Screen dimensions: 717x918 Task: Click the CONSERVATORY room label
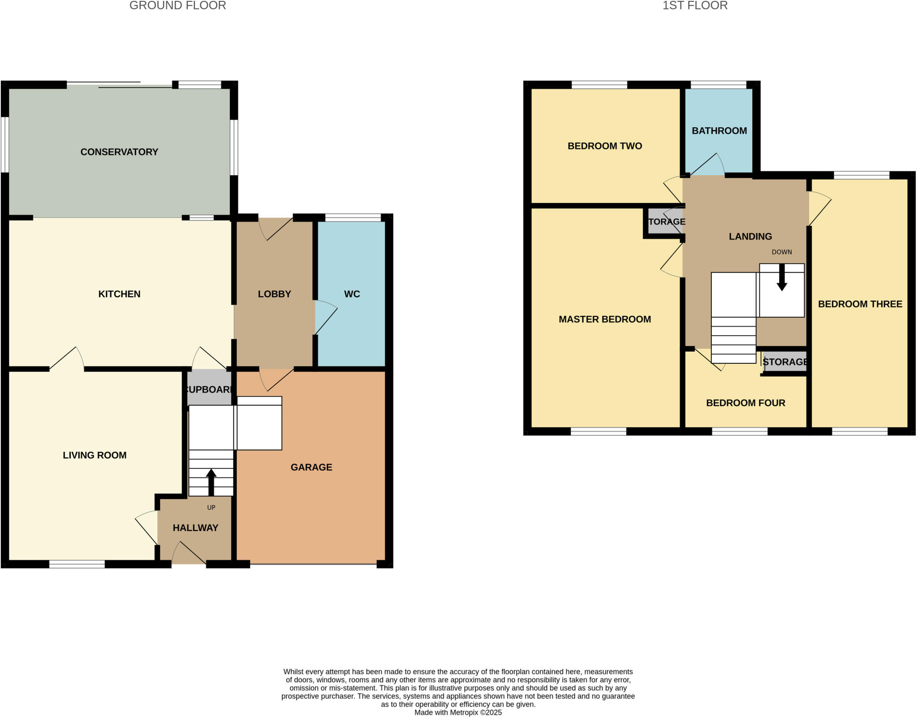click(x=119, y=152)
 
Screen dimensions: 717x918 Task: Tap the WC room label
click(x=352, y=294)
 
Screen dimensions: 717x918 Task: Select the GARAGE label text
click(x=311, y=467)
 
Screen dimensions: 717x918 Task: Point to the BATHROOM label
click(x=719, y=131)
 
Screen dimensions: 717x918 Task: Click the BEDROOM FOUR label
click(x=745, y=403)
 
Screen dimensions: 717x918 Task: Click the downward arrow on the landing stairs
click(x=782, y=278)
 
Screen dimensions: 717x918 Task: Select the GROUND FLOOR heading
click(x=178, y=6)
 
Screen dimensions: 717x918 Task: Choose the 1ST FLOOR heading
click(x=695, y=6)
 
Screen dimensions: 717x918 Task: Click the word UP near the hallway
click(x=211, y=508)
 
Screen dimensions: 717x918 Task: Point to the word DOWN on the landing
click(x=782, y=252)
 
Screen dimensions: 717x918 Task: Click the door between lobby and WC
click(x=325, y=317)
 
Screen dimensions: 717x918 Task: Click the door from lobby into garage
click(x=275, y=379)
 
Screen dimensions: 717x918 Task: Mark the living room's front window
click(x=77, y=564)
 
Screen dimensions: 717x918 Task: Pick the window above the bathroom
click(x=718, y=85)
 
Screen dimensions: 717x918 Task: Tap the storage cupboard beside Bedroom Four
click(x=785, y=362)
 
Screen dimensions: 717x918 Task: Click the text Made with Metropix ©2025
click(x=458, y=713)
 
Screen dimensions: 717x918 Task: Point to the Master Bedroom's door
click(x=671, y=262)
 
